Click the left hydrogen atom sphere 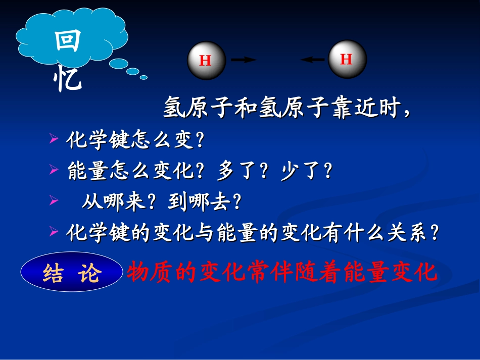[x=206, y=61]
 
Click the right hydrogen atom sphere [x=347, y=59]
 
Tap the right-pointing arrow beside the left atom [x=244, y=60]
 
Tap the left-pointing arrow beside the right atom [x=313, y=60]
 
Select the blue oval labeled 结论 [x=72, y=273]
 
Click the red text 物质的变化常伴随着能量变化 [x=281, y=273]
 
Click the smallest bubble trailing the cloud [x=143, y=77]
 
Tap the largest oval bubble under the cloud [x=119, y=64]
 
